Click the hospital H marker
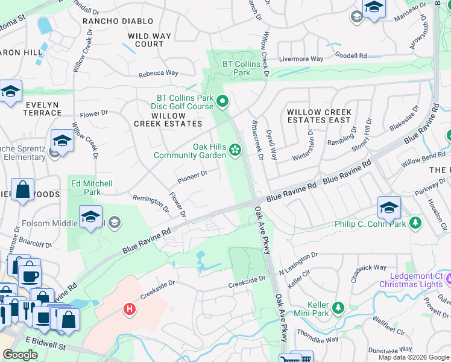click(128, 310)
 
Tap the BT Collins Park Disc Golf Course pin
click(222, 101)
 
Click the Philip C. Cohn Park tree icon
click(415, 224)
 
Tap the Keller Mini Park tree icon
click(339, 308)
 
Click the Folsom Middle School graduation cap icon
click(90, 217)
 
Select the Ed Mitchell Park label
click(92, 188)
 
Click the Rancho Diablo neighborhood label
click(111, 21)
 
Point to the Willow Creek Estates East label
click(319, 116)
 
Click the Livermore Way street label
click(301, 59)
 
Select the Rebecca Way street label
click(159, 73)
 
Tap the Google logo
click(20, 355)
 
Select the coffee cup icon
click(28, 276)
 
